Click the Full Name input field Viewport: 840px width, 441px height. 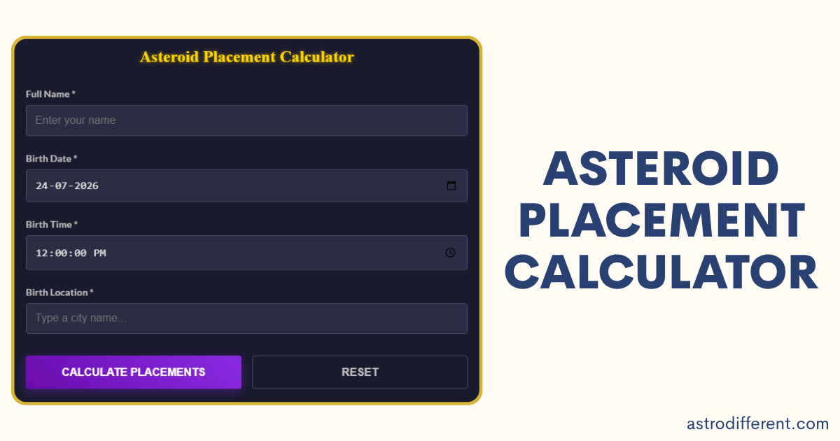(x=246, y=120)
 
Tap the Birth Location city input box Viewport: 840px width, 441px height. (x=246, y=318)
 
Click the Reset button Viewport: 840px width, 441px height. (x=360, y=372)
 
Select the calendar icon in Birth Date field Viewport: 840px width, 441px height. (x=451, y=185)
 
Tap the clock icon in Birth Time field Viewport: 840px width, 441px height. (x=450, y=253)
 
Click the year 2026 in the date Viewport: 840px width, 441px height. (x=86, y=186)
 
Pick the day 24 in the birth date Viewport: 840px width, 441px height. (x=41, y=186)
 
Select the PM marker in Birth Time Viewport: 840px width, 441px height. (x=99, y=253)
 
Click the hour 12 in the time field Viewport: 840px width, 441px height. (x=41, y=253)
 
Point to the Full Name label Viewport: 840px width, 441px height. (x=50, y=94)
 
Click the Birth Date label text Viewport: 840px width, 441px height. (x=51, y=159)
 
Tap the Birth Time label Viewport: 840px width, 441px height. (x=52, y=225)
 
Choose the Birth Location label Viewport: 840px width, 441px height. (x=59, y=293)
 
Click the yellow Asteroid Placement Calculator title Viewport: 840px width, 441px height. (x=246, y=57)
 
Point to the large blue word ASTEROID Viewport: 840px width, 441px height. (x=661, y=169)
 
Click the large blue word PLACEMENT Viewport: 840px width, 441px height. (x=662, y=220)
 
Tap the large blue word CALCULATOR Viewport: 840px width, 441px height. (x=661, y=272)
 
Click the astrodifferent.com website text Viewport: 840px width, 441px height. (x=757, y=423)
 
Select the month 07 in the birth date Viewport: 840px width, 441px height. (x=61, y=186)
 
